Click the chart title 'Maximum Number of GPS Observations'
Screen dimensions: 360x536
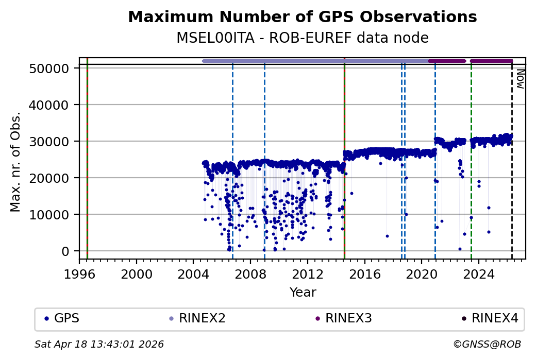[302, 17]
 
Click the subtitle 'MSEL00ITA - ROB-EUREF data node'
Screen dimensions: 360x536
[302, 38]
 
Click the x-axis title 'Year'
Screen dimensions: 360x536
[303, 293]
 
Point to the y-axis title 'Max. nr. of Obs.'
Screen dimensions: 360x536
[15, 161]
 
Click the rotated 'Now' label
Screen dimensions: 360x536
[520, 78]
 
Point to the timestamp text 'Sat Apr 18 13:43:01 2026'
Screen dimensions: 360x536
[99, 344]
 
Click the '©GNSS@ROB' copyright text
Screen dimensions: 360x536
[487, 344]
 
